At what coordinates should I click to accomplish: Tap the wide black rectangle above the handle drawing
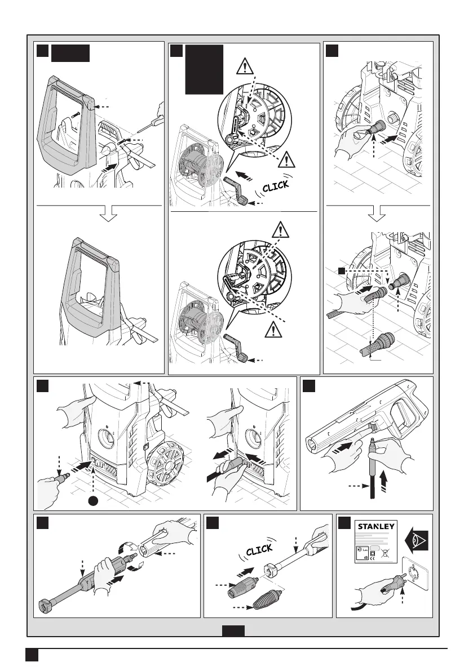(x=70, y=54)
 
